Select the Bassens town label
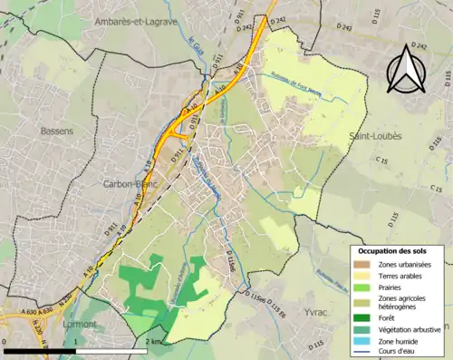pyautogui.click(x=57, y=131)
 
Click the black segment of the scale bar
pyautogui.click(x=40, y=350)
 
